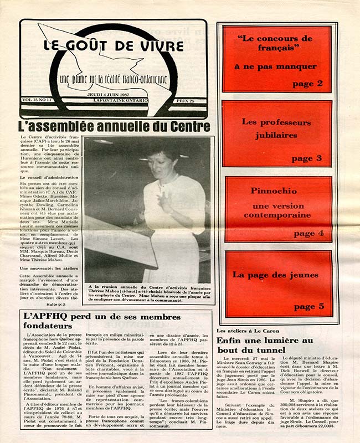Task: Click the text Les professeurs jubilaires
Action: [276, 128]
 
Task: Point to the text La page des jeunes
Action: [275, 275]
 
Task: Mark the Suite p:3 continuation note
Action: [56, 305]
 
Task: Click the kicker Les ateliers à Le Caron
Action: [244, 331]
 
